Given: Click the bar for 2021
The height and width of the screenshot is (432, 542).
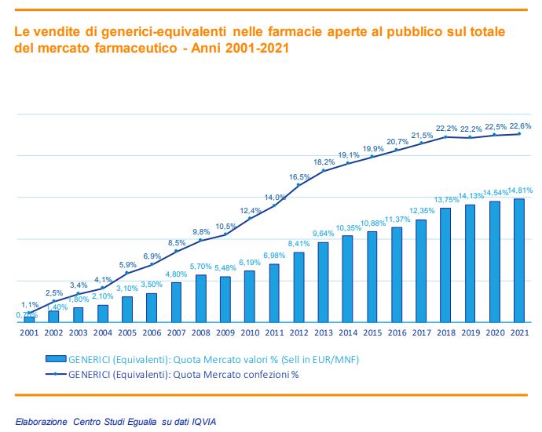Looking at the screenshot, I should coord(518,260).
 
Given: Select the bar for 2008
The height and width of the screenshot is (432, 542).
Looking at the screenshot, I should coord(200,299).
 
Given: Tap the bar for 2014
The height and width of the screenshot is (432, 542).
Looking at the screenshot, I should coord(347,279).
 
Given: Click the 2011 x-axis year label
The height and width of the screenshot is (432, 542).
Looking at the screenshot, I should coord(273,333).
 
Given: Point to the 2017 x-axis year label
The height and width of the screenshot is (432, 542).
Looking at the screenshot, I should coord(420,333).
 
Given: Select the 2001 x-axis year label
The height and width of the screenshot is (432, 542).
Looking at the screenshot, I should coord(29,333).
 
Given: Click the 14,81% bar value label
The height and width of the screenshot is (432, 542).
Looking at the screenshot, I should coord(520,191).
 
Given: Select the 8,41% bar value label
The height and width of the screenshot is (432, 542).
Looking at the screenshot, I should coord(298,243).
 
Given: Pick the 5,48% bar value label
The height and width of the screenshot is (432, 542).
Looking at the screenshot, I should coord(225,268).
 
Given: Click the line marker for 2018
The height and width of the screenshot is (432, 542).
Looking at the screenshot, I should coord(445,136).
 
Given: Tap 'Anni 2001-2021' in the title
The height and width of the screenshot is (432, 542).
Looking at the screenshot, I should coord(244,47).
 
